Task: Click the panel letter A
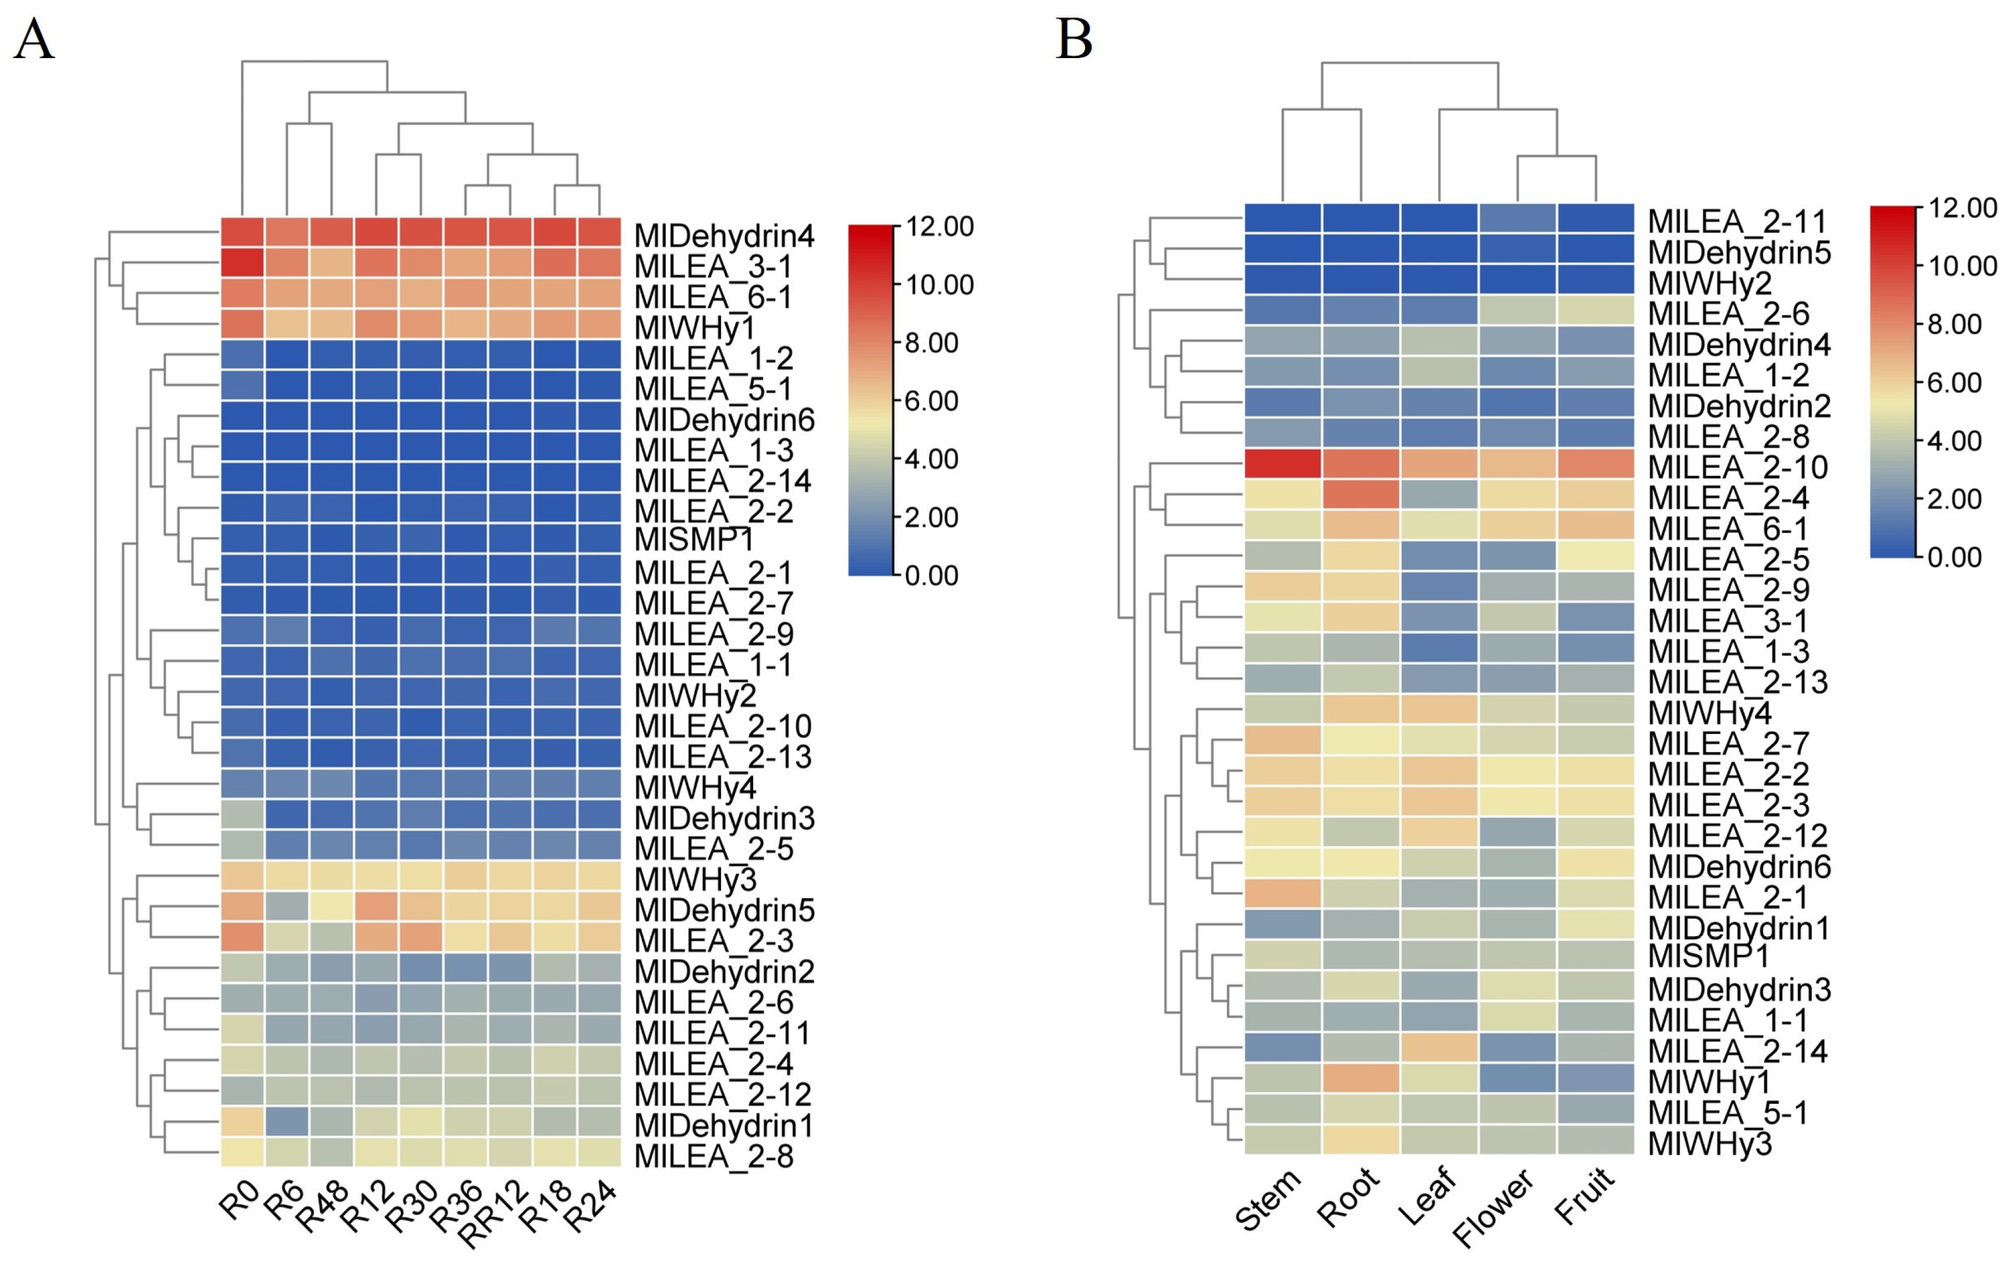(x=33, y=39)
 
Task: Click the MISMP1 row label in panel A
(x=693, y=540)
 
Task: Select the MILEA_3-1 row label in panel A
(x=712, y=267)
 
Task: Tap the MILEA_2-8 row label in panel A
(x=714, y=1156)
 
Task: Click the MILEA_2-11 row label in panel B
(x=1737, y=222)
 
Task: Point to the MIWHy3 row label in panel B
(x=1709, y=1144)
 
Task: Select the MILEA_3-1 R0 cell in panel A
(x=242, y=263)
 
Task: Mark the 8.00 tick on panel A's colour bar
(x=931, y=342)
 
